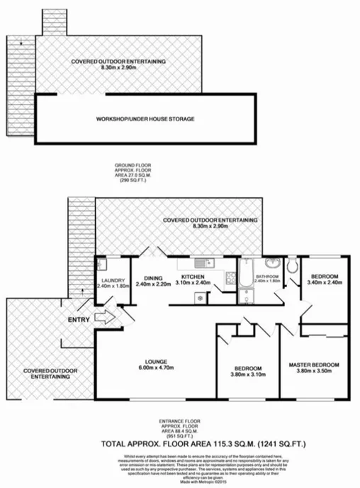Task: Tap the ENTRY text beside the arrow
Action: [x=79, y=320]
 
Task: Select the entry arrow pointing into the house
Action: [x=101, y=320]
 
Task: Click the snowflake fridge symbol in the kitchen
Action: [x=198, y=297]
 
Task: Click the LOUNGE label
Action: [x=157, y=362]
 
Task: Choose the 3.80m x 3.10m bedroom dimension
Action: [x=249, y=375]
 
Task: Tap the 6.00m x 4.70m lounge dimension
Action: [x=157, y=368]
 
